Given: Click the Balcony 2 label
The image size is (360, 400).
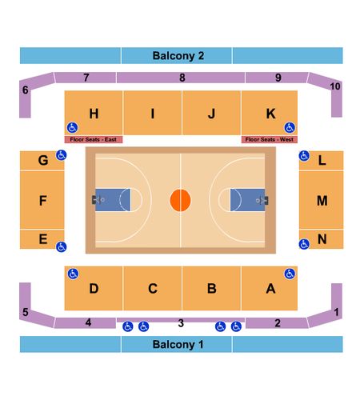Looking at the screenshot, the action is click(178, 56).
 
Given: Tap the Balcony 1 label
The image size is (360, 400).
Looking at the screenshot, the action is click(178, 344).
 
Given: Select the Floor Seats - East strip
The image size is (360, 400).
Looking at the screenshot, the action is click(94, 139).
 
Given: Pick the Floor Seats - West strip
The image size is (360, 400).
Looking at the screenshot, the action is click(270, 139).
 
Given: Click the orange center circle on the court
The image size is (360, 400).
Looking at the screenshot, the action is click(180, 200).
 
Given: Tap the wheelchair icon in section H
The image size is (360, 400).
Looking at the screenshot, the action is click(72, 128).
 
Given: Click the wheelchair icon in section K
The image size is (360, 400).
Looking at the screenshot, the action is click(290, 128).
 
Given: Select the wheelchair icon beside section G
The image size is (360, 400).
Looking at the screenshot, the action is click(62, 155).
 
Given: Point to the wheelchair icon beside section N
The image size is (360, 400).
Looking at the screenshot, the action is click(304, 244).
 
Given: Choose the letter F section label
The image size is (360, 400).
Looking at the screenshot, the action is click(43, 201).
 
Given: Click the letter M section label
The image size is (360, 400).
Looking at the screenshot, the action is click(322, 201).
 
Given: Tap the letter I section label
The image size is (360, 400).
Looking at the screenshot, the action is click(153, 114).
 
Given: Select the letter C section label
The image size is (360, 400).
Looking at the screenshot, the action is click(153, 289).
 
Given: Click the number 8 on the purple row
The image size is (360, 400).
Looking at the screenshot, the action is click(182, 78).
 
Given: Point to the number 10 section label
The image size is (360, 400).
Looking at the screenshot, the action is click(335, 86).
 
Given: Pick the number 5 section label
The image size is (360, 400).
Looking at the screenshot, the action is click(26, 312).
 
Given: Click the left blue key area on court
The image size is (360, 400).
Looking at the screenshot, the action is click(113, 200).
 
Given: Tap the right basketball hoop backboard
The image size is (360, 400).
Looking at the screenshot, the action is click(266, 201).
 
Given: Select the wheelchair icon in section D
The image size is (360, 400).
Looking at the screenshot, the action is click(73, 274).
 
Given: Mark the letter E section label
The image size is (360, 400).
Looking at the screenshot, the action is click(43, 239).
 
